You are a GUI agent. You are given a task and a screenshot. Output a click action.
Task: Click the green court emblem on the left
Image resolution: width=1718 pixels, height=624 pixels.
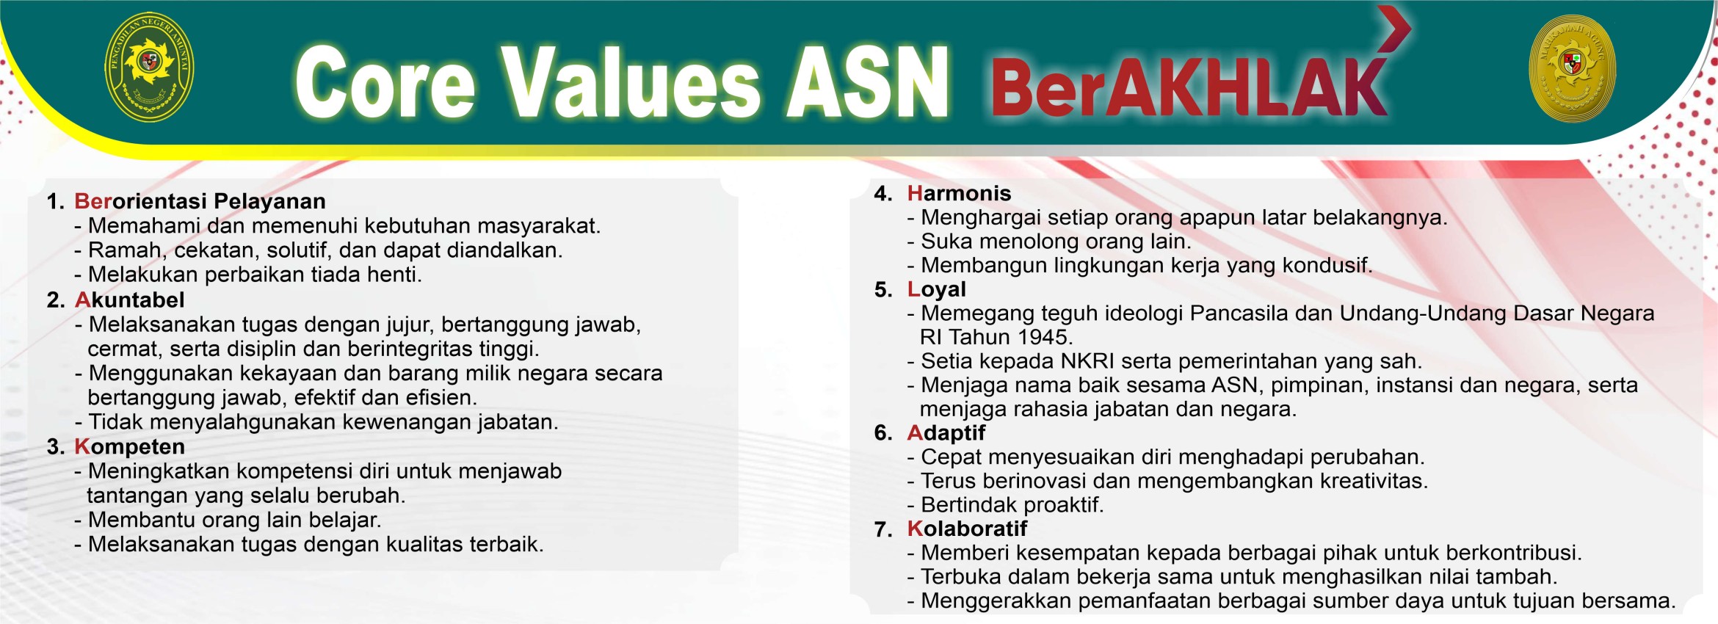pos(150,67)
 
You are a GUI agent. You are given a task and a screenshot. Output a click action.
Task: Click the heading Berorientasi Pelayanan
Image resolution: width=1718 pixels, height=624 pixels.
pos(200,201)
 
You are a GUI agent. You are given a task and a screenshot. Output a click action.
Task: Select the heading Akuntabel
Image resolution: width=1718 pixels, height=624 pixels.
pos(129,300)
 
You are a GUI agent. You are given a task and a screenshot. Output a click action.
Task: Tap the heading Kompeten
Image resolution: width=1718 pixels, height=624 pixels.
pos(129,446)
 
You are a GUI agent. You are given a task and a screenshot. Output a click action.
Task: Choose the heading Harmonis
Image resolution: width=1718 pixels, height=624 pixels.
pos(959,193)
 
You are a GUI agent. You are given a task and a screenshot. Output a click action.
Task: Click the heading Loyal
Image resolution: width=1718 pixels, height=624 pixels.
pos(937,289)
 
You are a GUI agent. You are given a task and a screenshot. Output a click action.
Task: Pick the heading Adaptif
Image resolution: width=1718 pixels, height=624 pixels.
pos(946,433)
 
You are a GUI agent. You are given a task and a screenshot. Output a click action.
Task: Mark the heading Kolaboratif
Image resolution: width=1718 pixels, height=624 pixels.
pos(967,529)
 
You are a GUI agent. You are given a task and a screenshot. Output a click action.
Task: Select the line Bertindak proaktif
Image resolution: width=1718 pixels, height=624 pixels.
pos(1005,505)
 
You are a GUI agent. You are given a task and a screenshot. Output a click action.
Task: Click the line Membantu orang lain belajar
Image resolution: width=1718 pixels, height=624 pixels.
pos(228,520)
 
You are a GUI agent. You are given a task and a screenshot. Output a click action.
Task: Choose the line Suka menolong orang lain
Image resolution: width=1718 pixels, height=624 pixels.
pos(1049,242)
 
